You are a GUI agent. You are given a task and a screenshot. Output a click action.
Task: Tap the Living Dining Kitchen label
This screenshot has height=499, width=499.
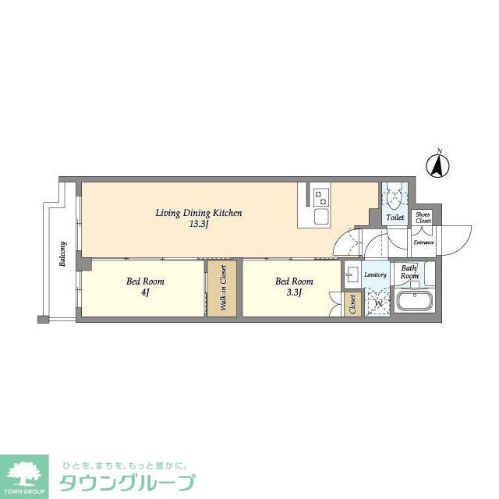[x=199, y=213]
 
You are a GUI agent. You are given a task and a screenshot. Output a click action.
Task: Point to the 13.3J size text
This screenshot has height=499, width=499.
[x=199, y=224]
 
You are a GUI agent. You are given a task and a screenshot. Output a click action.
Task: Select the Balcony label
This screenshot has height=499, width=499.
[x=62, y=254]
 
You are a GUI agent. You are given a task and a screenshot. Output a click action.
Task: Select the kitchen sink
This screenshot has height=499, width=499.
[x=321, y=215]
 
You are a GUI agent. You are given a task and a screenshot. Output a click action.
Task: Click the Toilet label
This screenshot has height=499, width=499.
[x=395, y=218]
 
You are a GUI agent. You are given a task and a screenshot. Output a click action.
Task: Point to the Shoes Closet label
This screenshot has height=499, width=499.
[x=423, y=217]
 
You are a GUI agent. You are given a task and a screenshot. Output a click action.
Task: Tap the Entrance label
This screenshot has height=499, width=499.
[x=423, y=242]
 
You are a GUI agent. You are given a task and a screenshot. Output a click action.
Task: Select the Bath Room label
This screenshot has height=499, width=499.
[x=409, y=272]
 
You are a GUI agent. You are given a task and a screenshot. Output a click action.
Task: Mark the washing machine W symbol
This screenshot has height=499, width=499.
[x=380, y=303]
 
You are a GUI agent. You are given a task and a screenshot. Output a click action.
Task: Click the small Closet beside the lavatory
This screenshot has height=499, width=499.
[x=352, y=303]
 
